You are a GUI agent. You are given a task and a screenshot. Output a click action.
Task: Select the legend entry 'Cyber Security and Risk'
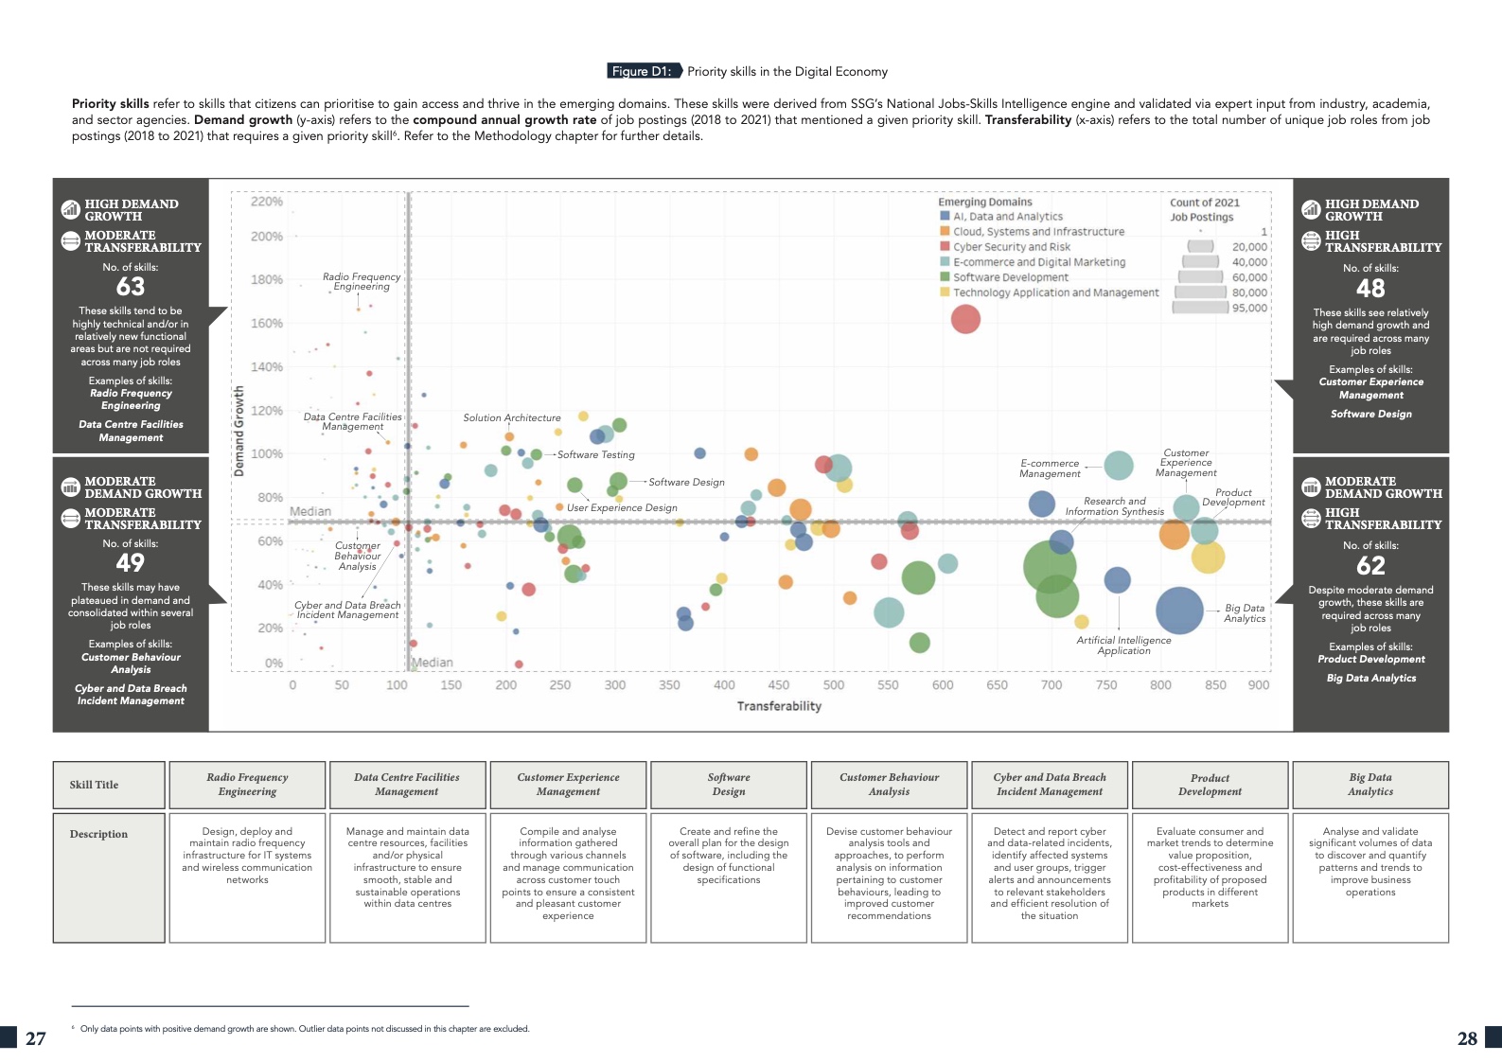click(x=1011, y=247)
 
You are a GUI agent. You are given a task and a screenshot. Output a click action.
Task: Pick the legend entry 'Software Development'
click(x=1010, y=277)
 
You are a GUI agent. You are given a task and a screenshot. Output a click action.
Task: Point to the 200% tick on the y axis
click(x=267, y=237)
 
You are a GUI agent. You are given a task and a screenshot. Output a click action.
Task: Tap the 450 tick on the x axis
click(x=779, y=685)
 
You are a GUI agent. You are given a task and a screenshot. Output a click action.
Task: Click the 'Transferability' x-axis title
click(x=779, y=706)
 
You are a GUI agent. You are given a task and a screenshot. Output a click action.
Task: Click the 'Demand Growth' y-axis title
click(x=239, y=431)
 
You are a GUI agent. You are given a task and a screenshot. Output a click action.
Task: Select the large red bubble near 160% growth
click(x=965, y=319)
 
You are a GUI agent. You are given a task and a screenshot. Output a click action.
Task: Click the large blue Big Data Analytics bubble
click(x=1179, y=611)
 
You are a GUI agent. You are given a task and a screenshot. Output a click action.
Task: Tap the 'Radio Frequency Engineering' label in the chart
click(x=362, y=282)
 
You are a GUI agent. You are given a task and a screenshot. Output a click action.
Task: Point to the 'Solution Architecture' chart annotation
click(x=512, y=417)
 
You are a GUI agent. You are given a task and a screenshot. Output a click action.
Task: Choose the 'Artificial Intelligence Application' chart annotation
click(x=1123, y=646)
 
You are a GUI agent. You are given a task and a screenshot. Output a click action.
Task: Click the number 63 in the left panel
click(x=131, y=287)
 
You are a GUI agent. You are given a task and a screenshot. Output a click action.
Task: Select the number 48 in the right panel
click(x=1370, y=289)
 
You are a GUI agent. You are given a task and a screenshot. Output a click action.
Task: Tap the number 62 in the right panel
click(x=1370, y=566)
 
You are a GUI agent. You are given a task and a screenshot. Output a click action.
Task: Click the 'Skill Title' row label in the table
click(x=95, y=785)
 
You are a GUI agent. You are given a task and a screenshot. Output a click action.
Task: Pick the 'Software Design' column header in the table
click(x=729, y=785)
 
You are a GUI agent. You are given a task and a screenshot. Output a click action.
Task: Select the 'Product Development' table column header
click(x=1210, y=785)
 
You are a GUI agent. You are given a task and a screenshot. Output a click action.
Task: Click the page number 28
click(x=1467, y=1038)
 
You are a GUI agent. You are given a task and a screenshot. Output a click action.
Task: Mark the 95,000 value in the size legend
click(x=1249, y=308)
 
